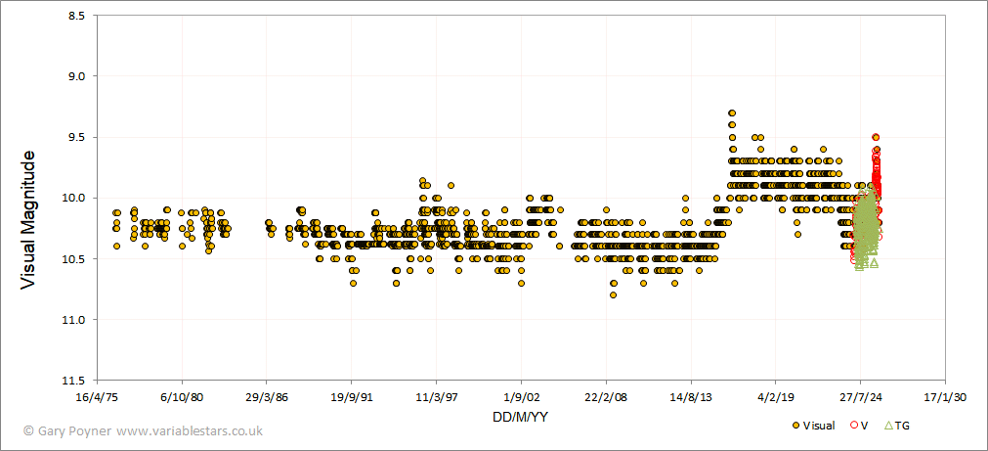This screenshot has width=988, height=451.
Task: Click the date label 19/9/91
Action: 352,397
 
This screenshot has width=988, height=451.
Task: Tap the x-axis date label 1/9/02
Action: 521,397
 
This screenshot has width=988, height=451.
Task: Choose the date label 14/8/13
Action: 691,397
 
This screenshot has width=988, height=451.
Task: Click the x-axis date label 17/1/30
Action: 945,397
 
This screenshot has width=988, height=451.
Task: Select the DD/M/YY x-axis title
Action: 521,418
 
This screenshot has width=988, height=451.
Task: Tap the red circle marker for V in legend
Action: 855,426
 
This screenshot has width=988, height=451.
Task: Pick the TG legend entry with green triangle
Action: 896,426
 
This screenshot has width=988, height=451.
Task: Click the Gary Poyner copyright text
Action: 143,430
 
